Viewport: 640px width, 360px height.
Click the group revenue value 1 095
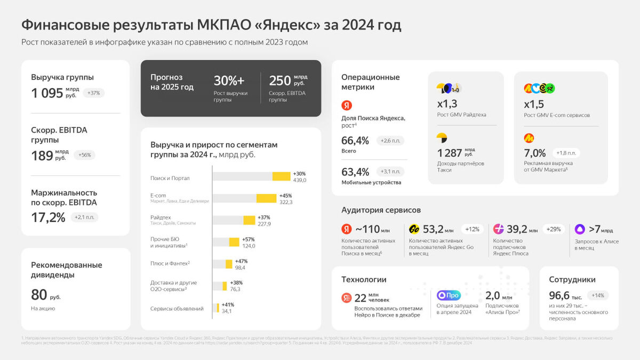tap(47, 93)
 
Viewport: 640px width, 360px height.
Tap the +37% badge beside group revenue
tap(93, 93)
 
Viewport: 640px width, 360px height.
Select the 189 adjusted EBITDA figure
tap(42, 155)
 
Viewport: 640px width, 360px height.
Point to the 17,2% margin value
tap(48, 217)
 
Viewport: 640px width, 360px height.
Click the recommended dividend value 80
tap(39, 294)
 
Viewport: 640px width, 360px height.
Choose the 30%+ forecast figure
tap(229, 81)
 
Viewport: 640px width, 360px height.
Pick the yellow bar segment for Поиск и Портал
tap(281, 177)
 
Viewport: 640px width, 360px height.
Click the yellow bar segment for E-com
tap(266, 198)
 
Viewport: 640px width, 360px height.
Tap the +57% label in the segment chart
tap(249, 239)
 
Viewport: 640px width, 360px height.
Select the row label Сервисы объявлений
tap(177, 308)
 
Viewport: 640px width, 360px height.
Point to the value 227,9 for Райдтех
tap(264, 224)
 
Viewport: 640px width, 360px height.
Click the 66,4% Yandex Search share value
tap(355, 141)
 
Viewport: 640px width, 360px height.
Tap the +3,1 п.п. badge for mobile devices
tap(390, 172)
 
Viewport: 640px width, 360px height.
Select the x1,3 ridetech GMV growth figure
tap(447, 104)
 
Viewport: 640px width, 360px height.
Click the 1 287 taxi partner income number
tap(450, 153)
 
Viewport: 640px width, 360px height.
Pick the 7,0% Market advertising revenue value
tap(535, 153)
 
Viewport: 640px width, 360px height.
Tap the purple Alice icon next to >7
tap(580, 229)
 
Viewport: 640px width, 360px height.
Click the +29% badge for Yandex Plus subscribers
tap(554, 229)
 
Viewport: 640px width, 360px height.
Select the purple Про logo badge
tap(448, 295)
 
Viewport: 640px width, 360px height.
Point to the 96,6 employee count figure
tap(560, 295)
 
